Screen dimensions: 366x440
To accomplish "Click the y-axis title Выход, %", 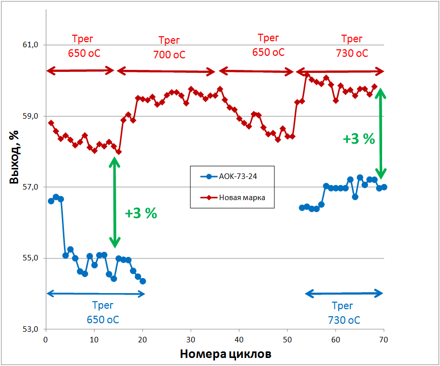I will coord(15,157).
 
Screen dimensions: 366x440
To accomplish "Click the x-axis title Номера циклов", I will coord(225,354).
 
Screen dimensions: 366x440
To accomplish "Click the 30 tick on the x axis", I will coord(191,339).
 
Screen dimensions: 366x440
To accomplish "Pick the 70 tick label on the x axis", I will coord(384,339).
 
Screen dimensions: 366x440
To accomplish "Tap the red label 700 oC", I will coord(169,54).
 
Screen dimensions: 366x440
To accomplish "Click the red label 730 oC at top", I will coord(352,53).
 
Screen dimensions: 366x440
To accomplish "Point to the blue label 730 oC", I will coord(344,320).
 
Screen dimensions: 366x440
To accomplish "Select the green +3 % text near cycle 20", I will coord(141,213).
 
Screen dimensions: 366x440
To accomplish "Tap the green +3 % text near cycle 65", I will coord(359,139).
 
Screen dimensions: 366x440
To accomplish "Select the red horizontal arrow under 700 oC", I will coord(166,71).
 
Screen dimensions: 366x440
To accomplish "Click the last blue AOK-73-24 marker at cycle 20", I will coord(142,281).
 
